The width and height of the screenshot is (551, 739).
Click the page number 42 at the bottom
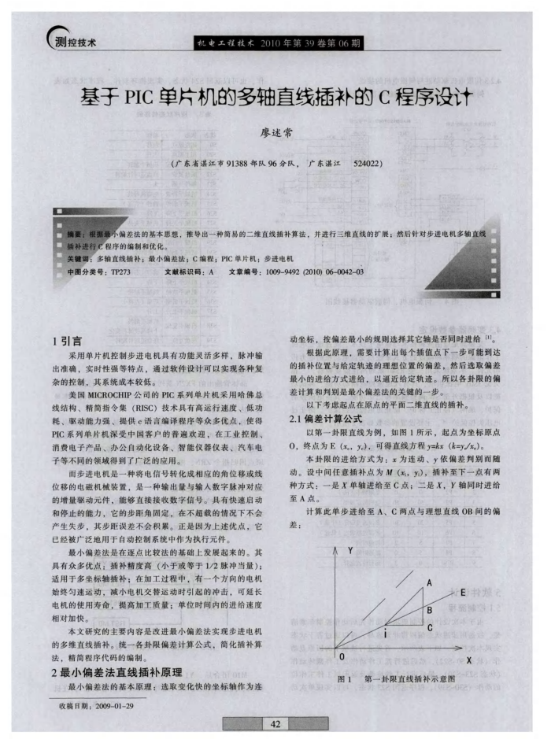coord(275,723)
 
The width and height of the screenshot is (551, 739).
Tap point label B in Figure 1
coord(430,609)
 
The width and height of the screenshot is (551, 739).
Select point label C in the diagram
coord(430,627)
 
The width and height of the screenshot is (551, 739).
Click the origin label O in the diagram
coord(341,656)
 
